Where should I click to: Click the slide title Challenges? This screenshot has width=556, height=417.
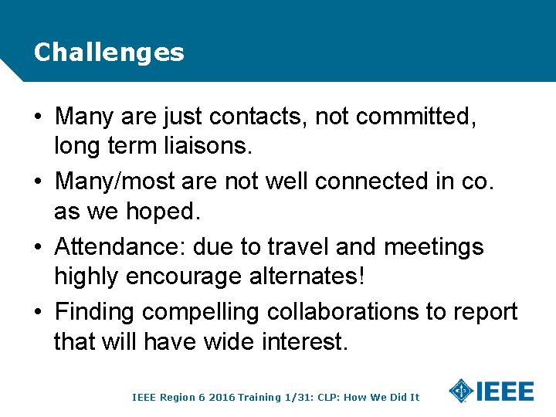tap(109, 53)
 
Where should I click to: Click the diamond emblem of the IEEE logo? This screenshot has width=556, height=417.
tap(461, 392)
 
